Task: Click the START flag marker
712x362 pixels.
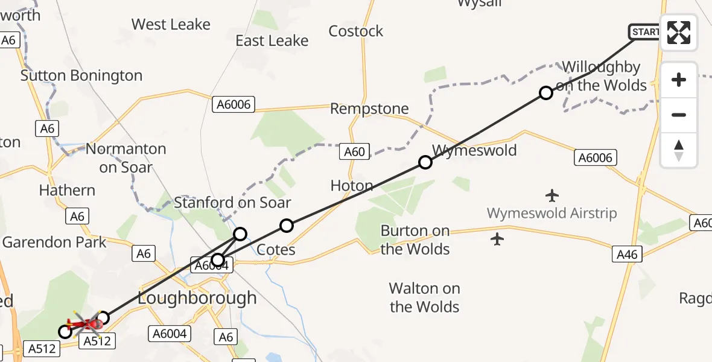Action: point(644,31)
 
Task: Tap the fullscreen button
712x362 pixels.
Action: point(679,33)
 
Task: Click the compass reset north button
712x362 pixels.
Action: point(679,150)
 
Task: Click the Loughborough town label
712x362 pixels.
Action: point(197,298)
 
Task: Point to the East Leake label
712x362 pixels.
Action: point(272,40)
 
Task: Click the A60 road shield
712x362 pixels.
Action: point(354,151)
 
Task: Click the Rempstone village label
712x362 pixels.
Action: point(369,109)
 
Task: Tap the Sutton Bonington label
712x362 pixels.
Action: point(81,75)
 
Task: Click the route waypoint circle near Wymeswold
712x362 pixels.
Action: point(425,162)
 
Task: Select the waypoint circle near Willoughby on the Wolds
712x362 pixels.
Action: point(545,93)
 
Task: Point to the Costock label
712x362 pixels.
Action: point(356,31)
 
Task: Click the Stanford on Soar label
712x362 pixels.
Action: point(232,203)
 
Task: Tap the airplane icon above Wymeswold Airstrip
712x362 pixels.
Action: point(551,195)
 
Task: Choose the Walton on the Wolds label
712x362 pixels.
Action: point(424,298)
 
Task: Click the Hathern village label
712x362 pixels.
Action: point(67,190)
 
